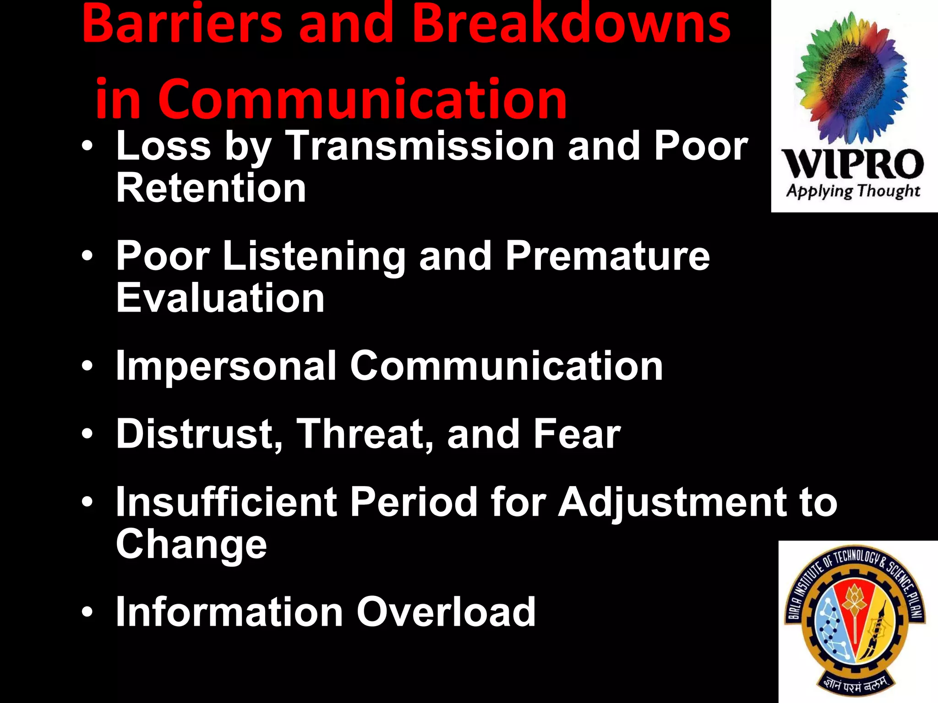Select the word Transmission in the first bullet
click(420, 146)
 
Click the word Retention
click(211, 188)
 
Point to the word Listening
click(314, 256)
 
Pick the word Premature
click(607, 256)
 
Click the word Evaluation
click(220, 298)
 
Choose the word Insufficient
click(226, 502)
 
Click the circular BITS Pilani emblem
click(855, 622)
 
